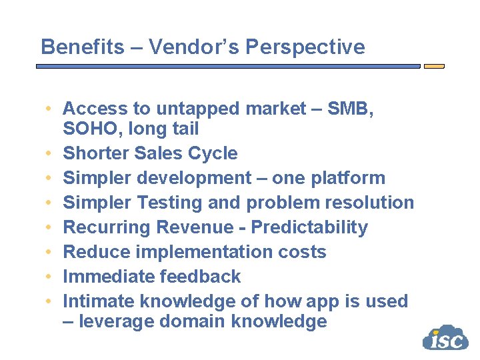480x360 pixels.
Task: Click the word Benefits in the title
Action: (x=81, y=47)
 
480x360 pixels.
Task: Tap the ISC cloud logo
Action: (x=445, y=338)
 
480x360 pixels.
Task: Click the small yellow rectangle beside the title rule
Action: (x=434, y=67)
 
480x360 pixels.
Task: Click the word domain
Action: (x=195, y=321)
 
